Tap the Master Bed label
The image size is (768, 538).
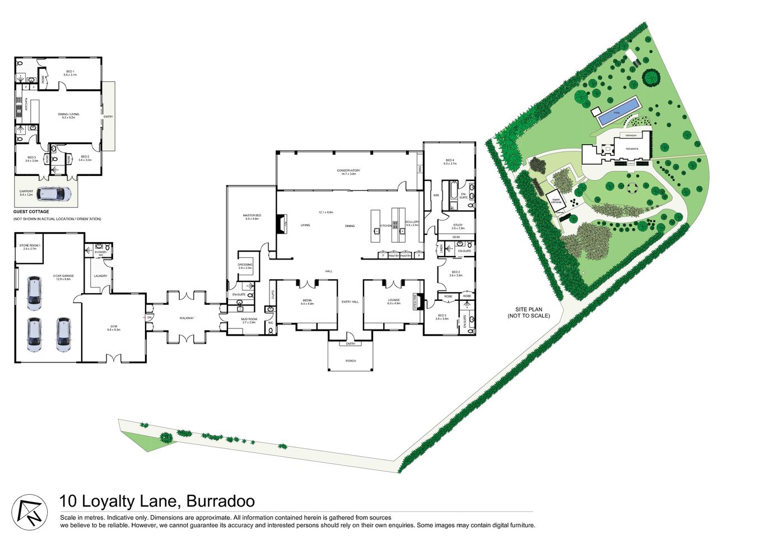[252, 216]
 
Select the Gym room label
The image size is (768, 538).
[114, 328]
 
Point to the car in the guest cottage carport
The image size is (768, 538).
[54, 194]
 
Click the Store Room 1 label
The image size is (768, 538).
[30, 247]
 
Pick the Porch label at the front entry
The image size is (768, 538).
[351, 360]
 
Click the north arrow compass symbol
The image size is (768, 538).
[30, 511]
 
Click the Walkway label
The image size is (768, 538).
[187, 318]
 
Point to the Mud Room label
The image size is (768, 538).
[249, 320]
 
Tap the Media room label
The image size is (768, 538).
[307, 302]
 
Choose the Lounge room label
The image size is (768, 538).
[394, 302]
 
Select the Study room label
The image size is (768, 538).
[458, 226]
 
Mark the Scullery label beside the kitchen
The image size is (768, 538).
[412, 223]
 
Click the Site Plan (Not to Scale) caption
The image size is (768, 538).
[529, 312]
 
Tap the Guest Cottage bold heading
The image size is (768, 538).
[31, 212]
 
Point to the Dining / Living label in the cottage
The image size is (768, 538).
[68, 115]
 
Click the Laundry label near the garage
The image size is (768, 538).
[101, 276]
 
